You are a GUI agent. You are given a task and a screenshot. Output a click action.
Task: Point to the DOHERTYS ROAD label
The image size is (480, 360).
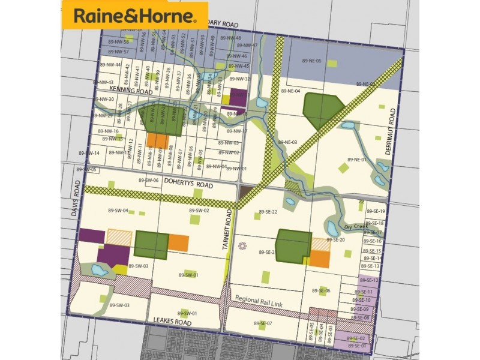(189, 186)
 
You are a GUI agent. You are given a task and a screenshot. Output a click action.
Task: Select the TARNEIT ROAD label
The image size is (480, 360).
(229, 234)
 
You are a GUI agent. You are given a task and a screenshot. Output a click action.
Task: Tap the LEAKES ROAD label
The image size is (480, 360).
(172, 322)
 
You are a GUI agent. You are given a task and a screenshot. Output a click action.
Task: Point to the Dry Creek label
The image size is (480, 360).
(355, 226)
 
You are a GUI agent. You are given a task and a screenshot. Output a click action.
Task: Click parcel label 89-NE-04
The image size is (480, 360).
(290, 91)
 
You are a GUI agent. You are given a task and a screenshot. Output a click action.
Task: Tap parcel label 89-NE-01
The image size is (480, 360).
(356, 160)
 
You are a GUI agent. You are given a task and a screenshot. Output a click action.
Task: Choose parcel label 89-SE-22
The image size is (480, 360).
(268, 212)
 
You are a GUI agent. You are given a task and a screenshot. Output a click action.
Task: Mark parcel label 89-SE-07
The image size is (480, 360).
(262, 323)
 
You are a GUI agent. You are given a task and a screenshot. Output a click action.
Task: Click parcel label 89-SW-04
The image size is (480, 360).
(118, 211)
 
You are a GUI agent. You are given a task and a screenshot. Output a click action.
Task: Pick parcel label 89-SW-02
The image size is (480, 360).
(199, 211)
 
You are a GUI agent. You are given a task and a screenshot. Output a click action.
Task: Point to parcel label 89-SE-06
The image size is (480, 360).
(322, 290)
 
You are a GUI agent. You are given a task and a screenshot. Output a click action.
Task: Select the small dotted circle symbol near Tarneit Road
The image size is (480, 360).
(242, 245)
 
